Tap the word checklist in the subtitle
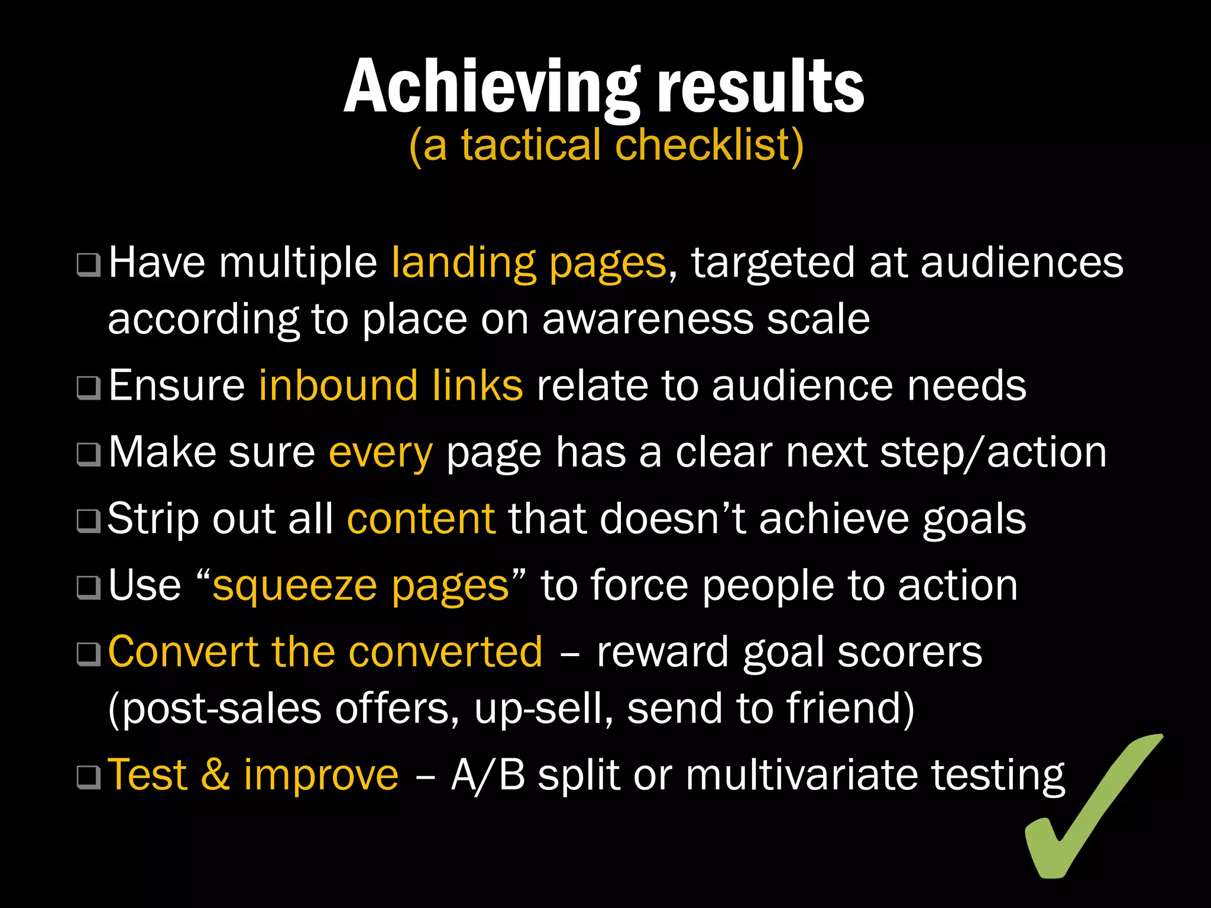tap(709, 145)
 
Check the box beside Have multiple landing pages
tap(89, 265)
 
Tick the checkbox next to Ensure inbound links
tap(89, 388)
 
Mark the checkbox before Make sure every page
tap(89, 455)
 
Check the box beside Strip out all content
tap(89, 521)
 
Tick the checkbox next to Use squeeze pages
tap(89, 588)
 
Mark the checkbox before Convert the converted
tap(89, 654)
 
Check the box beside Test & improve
tap(89, 777)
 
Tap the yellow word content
tap(421, 519)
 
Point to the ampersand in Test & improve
tap(215, 774)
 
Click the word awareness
tap(647, 319)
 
